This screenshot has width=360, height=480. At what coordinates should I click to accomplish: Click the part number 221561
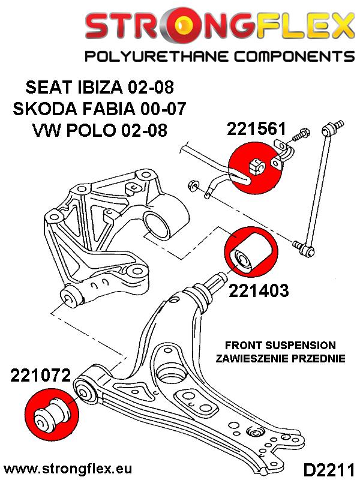[257, 130]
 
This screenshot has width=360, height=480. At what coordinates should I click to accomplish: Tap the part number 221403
[259, 290]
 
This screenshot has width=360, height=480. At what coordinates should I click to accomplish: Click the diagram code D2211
[328, 467]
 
